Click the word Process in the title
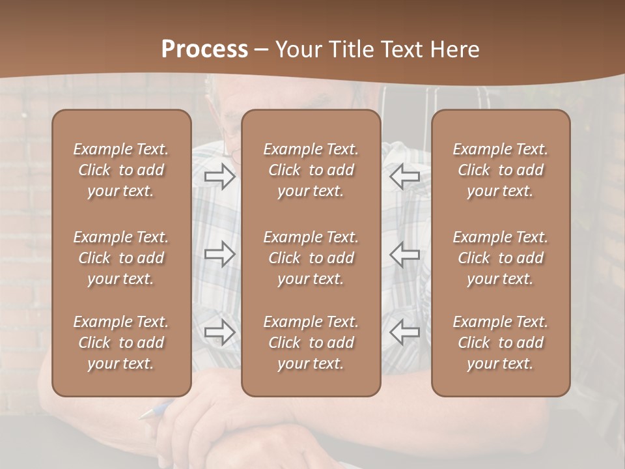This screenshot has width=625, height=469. tap(204, 49)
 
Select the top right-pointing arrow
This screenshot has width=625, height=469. tap(220, 177)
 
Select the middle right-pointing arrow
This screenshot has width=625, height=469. tap(220, 253)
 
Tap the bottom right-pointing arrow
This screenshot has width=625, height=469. tap(220, 332)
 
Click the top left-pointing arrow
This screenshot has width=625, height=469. tap(404, 177)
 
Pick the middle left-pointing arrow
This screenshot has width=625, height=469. tap(404, 253)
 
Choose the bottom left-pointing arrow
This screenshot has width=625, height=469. tap(404, 332)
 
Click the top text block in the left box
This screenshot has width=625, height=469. tap(121, 170)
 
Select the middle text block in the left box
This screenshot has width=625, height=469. tap(121, 258)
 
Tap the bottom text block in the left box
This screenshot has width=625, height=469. tap(121, 343)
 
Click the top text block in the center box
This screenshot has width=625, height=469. tap(311, 170)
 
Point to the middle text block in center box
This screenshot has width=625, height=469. tap(311, 258)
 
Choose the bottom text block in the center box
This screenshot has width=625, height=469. tap(311, 343)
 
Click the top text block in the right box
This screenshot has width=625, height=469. tap(500, 170)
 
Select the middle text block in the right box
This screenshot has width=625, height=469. tap(500, 258)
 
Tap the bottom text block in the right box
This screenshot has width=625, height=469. tap(500, 343)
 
